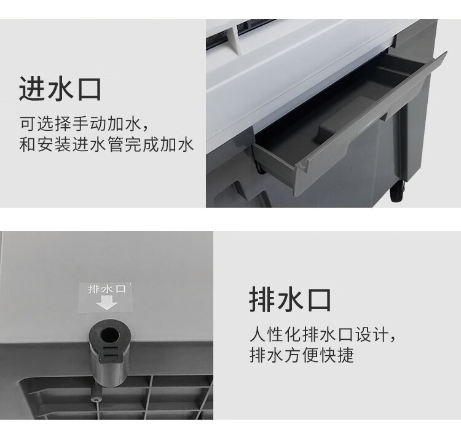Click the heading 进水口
click(x=60, y=89)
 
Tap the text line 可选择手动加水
click(x=84, y=124)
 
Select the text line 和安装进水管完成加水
click(x=106, y=144)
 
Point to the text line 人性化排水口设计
click(x=322, y=334)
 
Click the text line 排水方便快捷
click(x=301, y=355)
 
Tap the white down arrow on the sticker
click(x=106, y=302)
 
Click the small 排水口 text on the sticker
click(x=107, y=289)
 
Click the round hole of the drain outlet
click(x=109, y=334)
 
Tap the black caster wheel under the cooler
click(x=397, y=191)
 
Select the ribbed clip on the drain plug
click(x=111, y=355)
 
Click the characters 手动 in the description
click(x=84, y=124)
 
